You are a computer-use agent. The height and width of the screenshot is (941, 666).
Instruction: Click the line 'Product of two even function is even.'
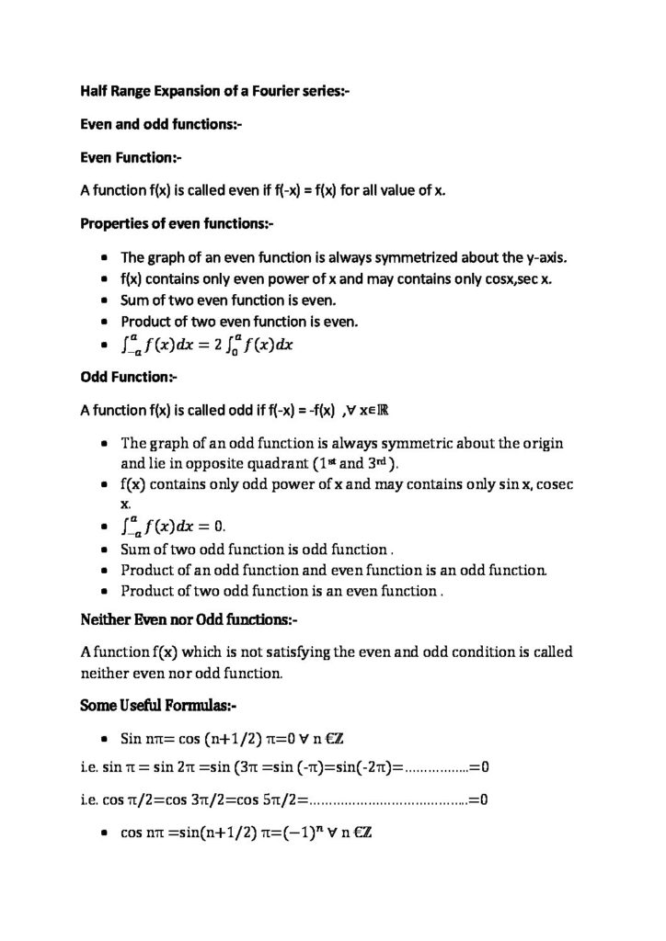tap(243, 323)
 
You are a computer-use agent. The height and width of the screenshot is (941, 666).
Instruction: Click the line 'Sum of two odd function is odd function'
tap(257, 550)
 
